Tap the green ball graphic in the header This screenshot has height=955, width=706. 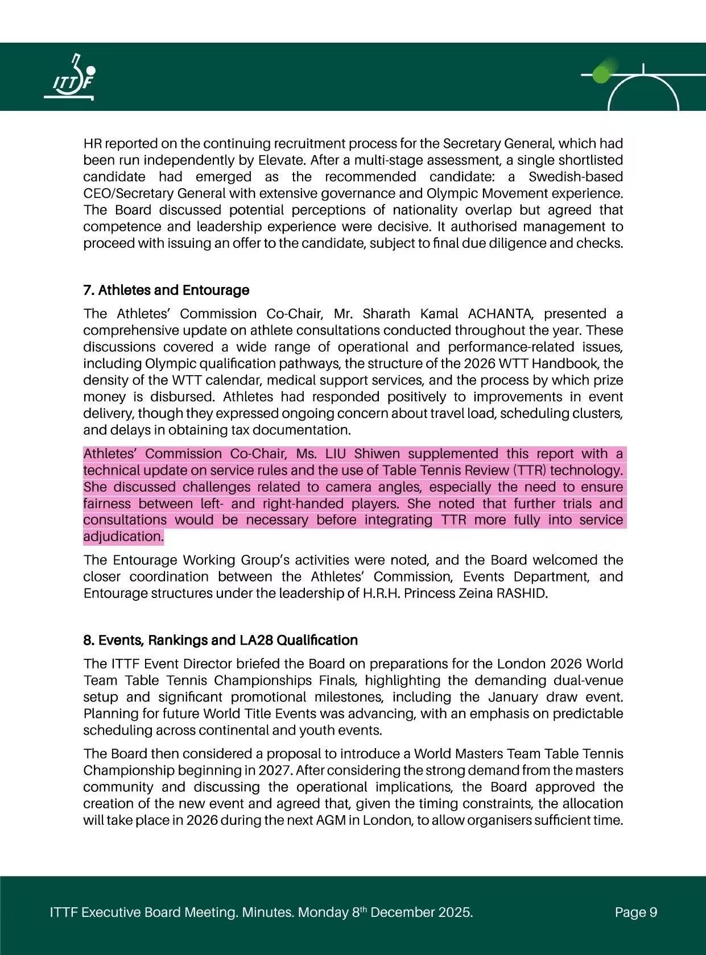(600, 74)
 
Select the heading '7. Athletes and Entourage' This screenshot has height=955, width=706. (166, 290)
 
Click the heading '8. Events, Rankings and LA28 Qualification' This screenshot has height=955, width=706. (220, 640)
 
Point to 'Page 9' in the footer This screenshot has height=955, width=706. (636, 912)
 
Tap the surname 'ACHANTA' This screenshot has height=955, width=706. (501, 314)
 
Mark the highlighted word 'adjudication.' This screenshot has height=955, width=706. (123, 537)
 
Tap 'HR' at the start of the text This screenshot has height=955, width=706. (92, 144)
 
